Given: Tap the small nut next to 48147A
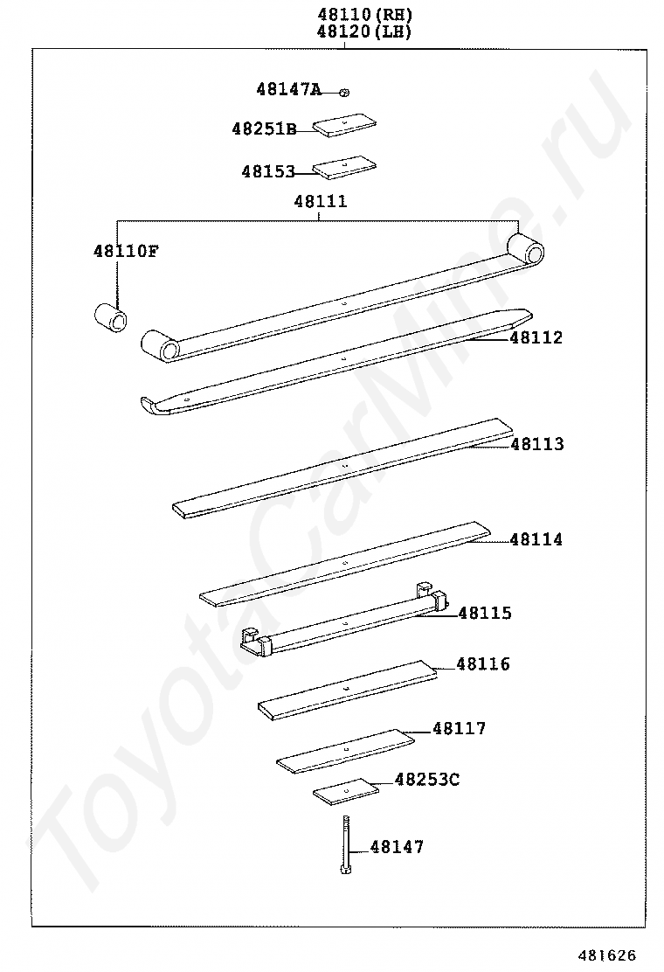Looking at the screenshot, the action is coord(345,91).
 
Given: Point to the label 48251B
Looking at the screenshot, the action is coord(264,129).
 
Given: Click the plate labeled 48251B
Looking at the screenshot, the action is coord(345,125).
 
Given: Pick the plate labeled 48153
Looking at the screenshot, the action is coord(345,167).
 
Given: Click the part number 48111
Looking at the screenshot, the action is coord(320,202).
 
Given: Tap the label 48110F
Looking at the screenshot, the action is coord(126,252).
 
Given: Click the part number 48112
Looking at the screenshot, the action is coord(536,338).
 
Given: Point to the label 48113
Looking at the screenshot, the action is coord(536,445).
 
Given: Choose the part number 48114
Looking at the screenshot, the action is coord(536,540).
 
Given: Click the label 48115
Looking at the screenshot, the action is coord(485,614).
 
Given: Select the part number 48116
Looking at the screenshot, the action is coord(483,665).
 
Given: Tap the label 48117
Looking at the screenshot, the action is coord(459,729).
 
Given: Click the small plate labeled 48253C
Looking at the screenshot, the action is coord(346,792).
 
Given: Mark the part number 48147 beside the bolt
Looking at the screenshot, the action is coord(397,847).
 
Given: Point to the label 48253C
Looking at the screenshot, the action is coord(426,779).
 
